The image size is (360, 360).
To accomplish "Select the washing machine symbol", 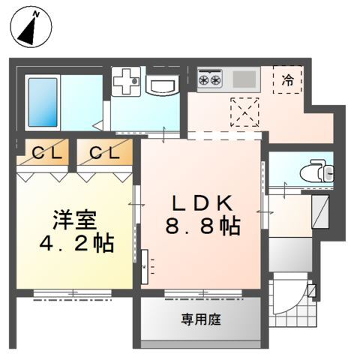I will [x=127, y=82].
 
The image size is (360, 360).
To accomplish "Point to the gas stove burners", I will [x=210, y=76].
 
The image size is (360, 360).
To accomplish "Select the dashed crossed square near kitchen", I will [x=244, y=110].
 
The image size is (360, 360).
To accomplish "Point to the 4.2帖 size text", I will [x=74, y=243].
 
